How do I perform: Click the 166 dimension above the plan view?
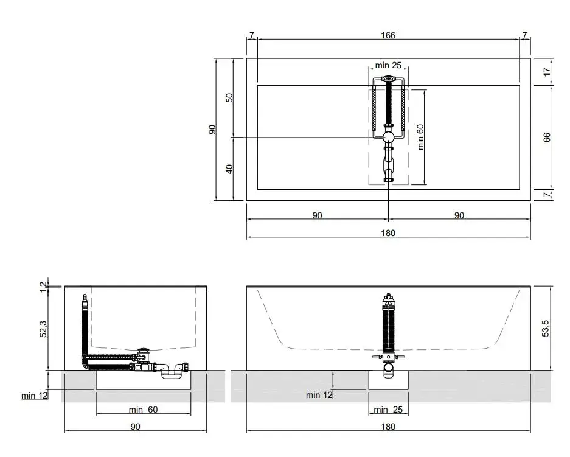388,35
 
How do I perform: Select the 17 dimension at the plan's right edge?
547,72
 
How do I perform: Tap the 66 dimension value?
547,138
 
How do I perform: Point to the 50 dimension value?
229,98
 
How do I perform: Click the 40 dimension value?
229,169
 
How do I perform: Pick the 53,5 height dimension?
546,329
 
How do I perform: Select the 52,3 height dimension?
43,329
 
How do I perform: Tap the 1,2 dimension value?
43,287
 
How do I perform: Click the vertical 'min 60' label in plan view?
420,137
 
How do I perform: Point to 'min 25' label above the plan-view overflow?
388,65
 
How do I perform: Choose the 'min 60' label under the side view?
143,410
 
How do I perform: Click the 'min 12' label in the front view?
319,395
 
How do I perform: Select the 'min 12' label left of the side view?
35,396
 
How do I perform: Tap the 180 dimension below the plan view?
388,233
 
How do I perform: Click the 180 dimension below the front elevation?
388,427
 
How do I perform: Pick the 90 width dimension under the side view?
135,427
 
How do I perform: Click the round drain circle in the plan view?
389,138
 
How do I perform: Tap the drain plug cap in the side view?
144,350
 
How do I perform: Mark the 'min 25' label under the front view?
388,410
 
